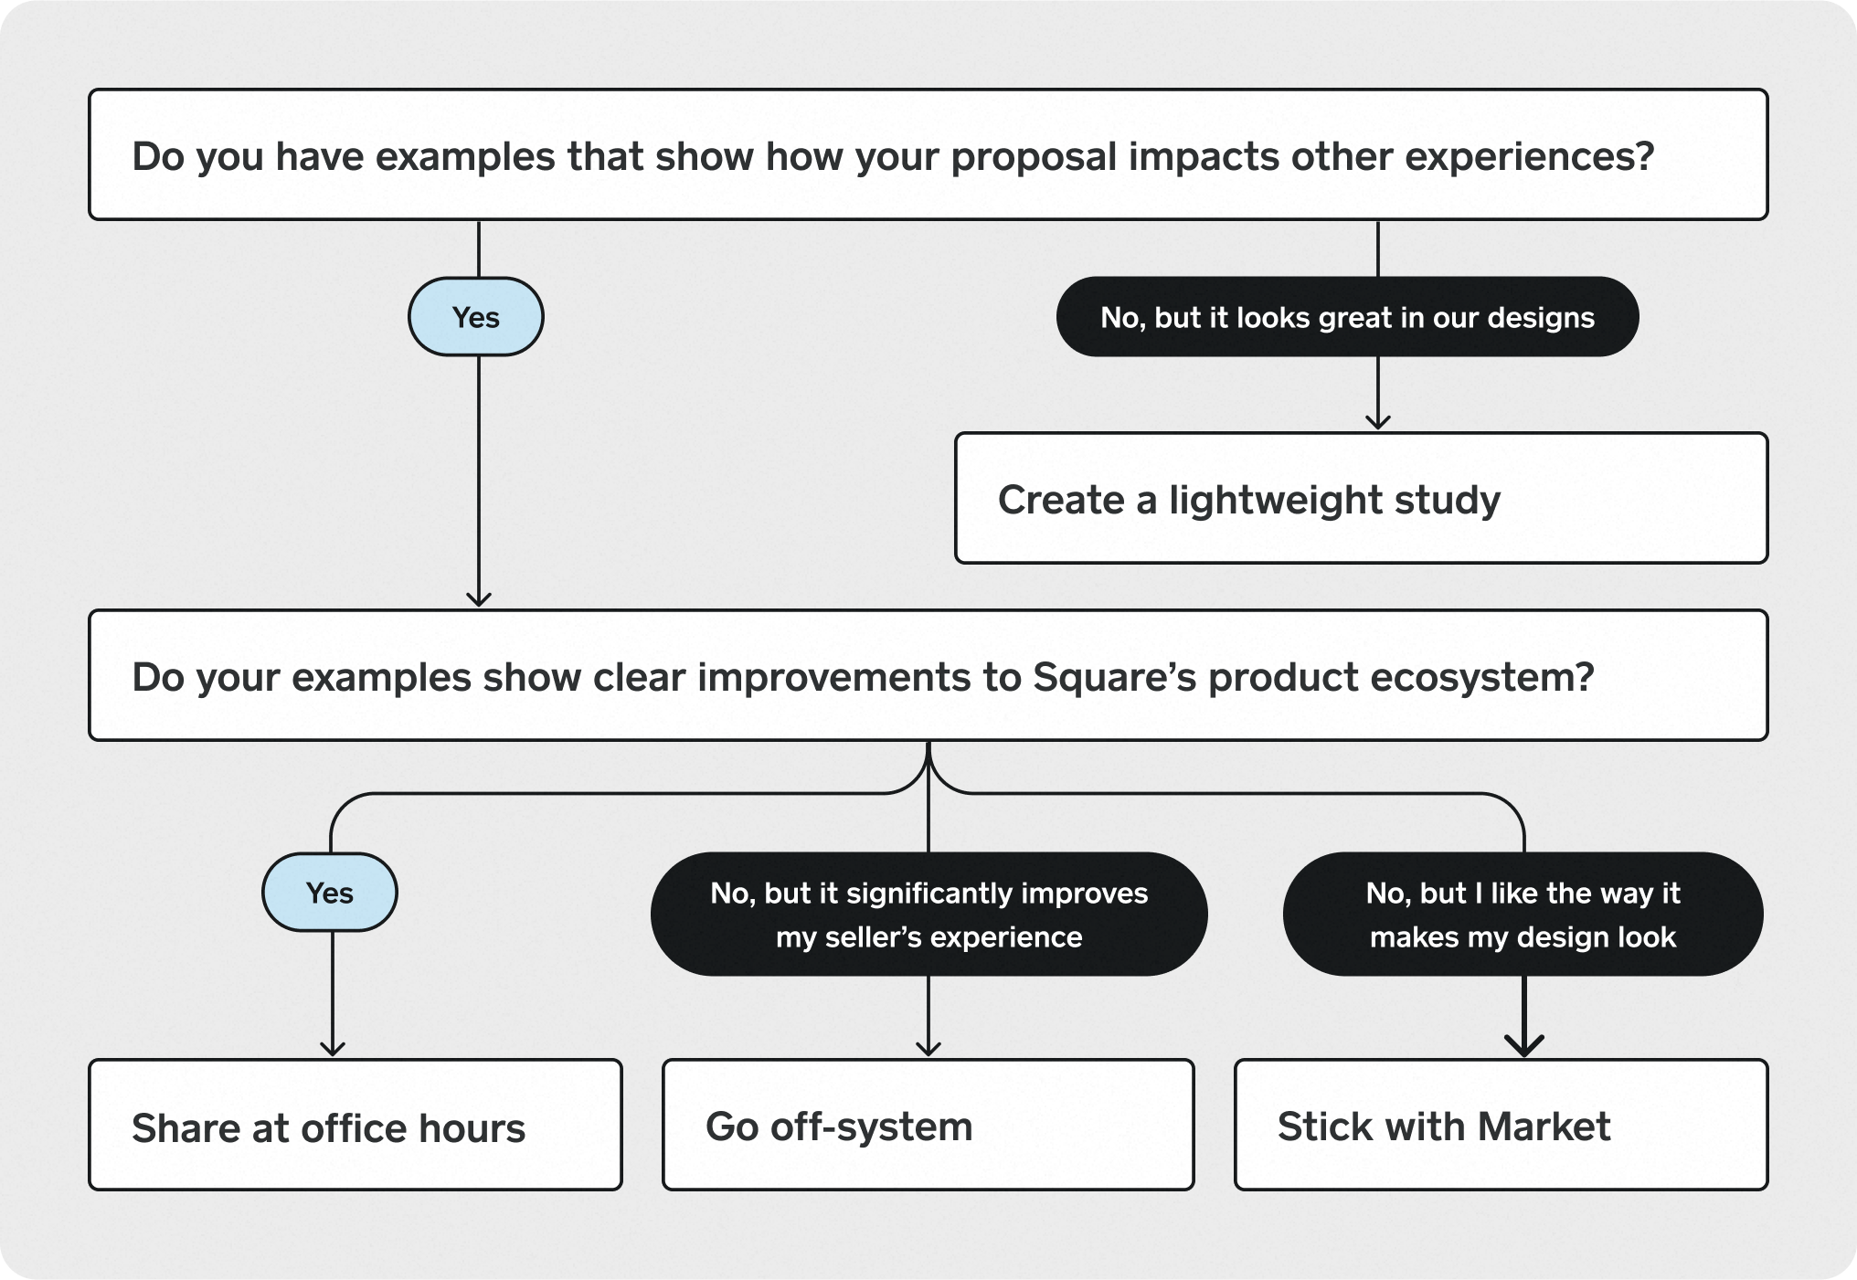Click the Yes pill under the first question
coord(475,317)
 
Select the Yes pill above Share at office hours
coord(329,893)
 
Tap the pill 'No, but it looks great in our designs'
coord(1347,317)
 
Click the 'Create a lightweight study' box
coord(1361,498)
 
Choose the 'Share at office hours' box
coord(355,1125)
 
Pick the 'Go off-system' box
coord(928,1125)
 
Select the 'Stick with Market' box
coord(1501,1125)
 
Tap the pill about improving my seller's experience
coord(928,915)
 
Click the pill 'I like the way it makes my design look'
coord(1523,915)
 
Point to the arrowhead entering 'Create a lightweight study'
coord(1377,422)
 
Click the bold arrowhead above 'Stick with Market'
coord(1523,1047)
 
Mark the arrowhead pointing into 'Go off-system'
coord(928,1049)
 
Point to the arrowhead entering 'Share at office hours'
coord(332,1049)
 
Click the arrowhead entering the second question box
coord(478,599)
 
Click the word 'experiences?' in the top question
coord(1529,156)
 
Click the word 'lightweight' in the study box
coord(1275,500)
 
